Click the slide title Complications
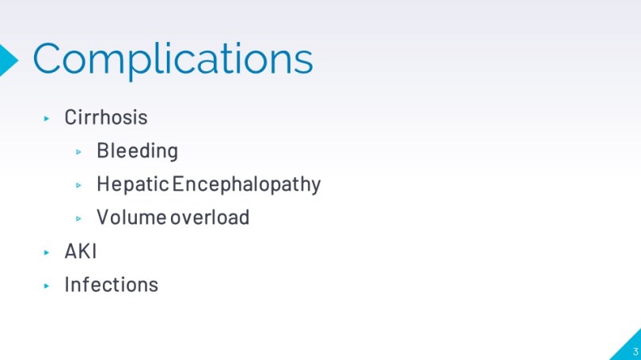pyautogui.click(x=173, y=59)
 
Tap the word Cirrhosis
pyautogui.click(x=106, y=117)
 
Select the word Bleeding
pyautogui.click(x=138, y=151)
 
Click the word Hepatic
pyautogui.click(x=133, y=184)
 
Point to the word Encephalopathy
pyautogui.click(x=246, y=184)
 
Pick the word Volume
pyautogui.click(x=131, y=218)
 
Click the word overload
pyautogui.click(x=210, y=218)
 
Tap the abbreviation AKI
pyautogui.click(x=81, y=252)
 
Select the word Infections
pyautogui.click(x=112, y=284)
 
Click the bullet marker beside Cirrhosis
pyautogui.click(x=47, y=119)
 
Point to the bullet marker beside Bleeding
pyautogui.click(x=78, y=152)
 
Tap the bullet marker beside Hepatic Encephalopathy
pyautogui.click(x=78, y=185)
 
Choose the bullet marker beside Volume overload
pyautogui.click(x=78, y=219)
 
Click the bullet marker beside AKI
pyautogui.click(x=47, y=252)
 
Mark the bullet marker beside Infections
pyautogui.click(x=47, y=286)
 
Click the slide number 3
pyautogui.click(x=635, y=351)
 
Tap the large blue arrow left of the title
pyautogui.click(x=7, y=60)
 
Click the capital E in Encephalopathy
pyautogui.click(x=177, y=183)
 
